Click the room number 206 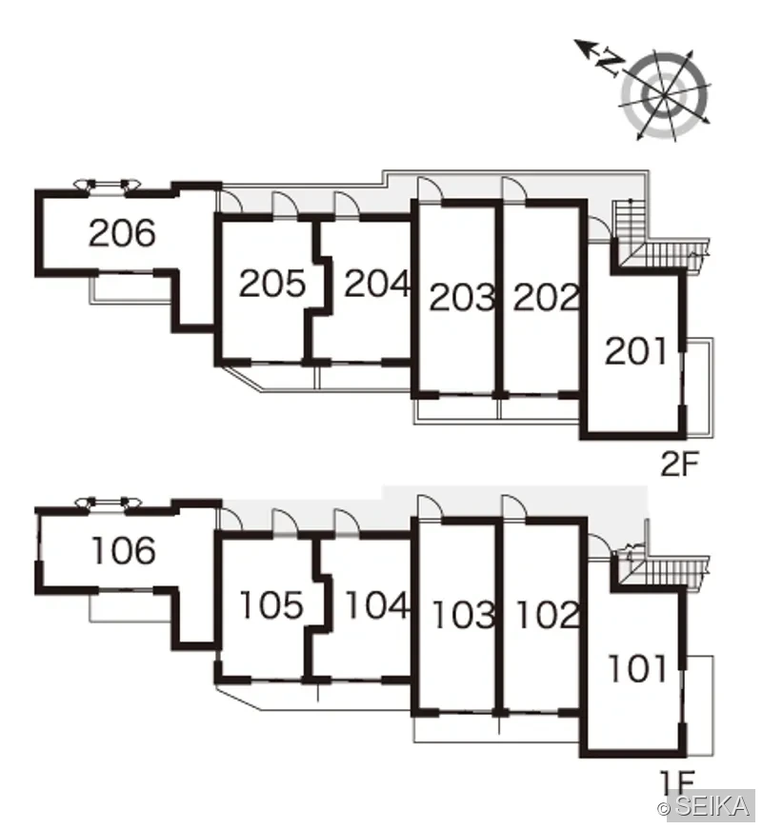click(122, 233)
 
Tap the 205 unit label click(272, 284)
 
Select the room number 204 click(377, 284)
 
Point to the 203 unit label click(461, 297)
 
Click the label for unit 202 click(546, 297)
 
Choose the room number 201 click(635, 351)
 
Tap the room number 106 click(124, 550)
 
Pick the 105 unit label click(272, 604)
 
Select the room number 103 click(464, 614)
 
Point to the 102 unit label click(548, 614)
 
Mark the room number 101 click(637, 669)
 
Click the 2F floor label click(680, 464)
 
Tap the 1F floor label click(677, 781)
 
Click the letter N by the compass click(610, 63)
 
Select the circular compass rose click(664, 94)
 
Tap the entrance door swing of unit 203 click(430, 188)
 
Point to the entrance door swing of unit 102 click(514, 507)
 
